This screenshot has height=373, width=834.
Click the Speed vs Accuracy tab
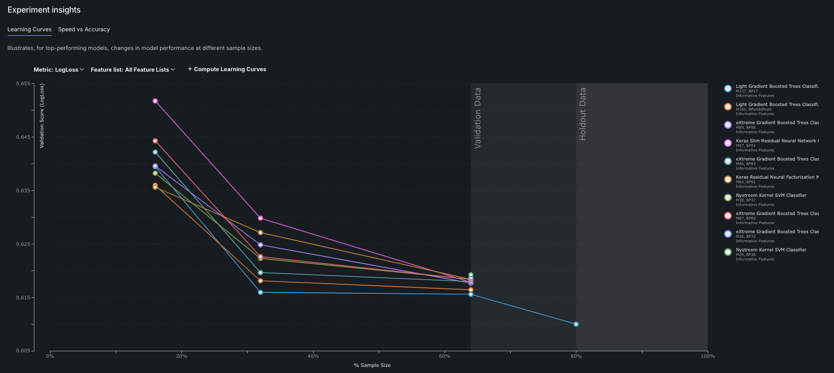[x=84, y=29]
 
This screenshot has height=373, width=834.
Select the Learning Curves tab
[x=29, y=29]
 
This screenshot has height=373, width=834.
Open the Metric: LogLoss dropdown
[x=59, y=70]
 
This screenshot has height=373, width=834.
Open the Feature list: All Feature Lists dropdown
[x=133, y=70]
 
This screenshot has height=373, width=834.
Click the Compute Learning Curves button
[x=227, y=69]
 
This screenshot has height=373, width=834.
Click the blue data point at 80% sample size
[x=576, y=324]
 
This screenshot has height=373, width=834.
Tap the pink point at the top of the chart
[x=155, y=101]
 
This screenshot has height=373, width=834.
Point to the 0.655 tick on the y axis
[x=23, y=84]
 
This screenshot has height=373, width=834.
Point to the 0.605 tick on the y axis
[x=23, y=351]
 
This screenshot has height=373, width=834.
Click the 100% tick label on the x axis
[x=708, y=356]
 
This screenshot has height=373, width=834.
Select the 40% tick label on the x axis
[x=313, y=356]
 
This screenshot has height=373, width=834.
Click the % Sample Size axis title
[x=372, y=365]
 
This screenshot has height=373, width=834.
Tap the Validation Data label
[x=478, y=118]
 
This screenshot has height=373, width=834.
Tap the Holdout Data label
[x=583, y=114]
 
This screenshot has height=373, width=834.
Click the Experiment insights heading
[x=44, y=10]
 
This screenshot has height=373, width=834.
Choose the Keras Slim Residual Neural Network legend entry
[x=777, y=141]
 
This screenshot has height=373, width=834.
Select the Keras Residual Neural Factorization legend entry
[x=777, y=177]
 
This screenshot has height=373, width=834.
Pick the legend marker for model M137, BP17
[x=728, y=89]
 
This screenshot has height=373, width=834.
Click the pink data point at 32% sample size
[x=260, y=218]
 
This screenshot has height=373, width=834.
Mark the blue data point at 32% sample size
[x=260, y=292]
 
